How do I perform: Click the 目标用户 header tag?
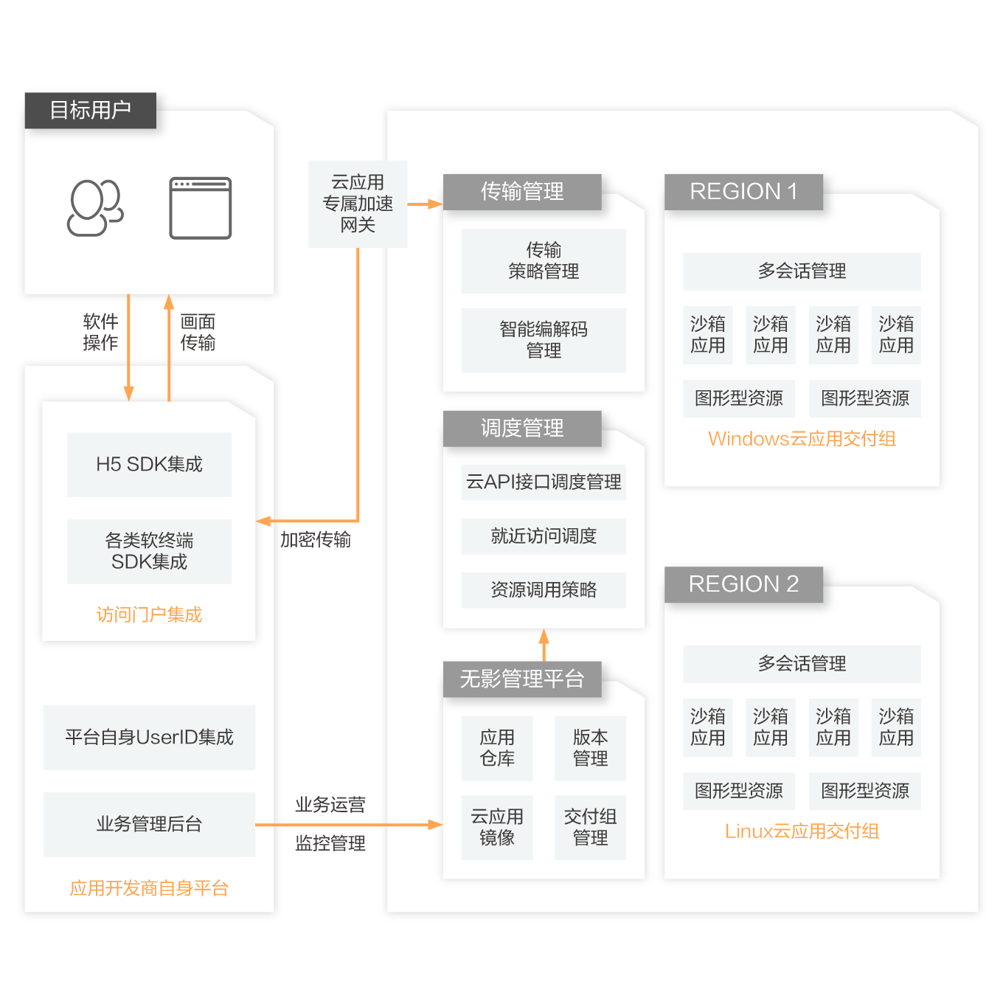91,111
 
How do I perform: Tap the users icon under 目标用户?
95,208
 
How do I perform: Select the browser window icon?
201,208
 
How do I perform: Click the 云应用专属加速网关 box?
358,204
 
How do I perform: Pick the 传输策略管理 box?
544,261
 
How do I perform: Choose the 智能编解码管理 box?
544,340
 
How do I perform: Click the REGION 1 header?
743,192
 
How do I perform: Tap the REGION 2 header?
743,584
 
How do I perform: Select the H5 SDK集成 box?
149,465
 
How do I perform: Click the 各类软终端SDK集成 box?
149,551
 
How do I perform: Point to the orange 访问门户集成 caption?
149,614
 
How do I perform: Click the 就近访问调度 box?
544,536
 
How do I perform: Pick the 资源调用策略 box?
544,590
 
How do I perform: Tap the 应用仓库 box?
497,748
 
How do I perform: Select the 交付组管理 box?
590,827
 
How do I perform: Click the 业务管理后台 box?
149,824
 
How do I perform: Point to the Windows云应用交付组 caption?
802,439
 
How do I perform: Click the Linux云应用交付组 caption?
802,831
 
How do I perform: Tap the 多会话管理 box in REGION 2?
802,664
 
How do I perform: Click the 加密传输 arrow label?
316,540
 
